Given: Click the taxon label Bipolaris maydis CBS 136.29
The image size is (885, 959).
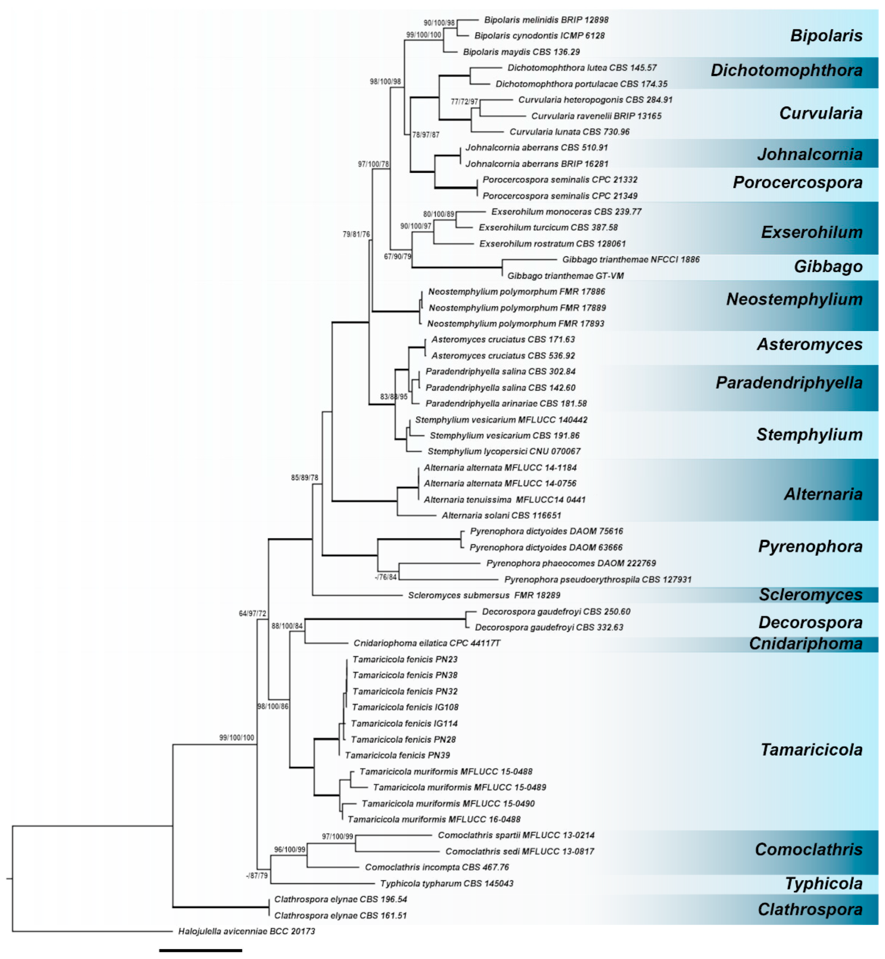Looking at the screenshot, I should point(521,52).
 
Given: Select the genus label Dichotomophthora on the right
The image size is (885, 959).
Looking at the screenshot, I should point(786,71).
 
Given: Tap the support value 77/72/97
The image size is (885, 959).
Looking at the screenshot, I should point(464,101).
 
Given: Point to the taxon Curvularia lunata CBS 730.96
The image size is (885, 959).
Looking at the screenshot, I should point(569,132).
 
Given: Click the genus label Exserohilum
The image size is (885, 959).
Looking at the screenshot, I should point(811,232).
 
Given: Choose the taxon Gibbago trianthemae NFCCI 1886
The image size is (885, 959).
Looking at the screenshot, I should point(630,260).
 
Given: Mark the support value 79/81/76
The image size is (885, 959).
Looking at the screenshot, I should point(356,234).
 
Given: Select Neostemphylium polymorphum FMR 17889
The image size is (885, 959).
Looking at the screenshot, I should point(517,308).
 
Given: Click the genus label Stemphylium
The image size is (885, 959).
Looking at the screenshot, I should point(809,435).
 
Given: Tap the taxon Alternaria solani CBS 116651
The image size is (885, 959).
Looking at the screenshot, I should point(501,515).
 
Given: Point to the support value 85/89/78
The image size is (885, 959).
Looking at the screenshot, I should point(304,478).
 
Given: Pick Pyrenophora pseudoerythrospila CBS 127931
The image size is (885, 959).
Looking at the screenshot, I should point(598,580).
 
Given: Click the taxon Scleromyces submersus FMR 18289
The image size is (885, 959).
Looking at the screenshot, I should point(484,595).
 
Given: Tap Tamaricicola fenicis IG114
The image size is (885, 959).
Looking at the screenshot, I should point(404,724).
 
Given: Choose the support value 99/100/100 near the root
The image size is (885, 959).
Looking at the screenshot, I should point(237,738).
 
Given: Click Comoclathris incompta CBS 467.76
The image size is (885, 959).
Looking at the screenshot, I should point(436,867).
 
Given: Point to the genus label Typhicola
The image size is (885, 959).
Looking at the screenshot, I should point(823,884).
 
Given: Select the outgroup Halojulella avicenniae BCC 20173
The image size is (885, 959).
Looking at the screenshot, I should point(246,932).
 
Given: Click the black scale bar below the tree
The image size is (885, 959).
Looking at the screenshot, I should point(200,950).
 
